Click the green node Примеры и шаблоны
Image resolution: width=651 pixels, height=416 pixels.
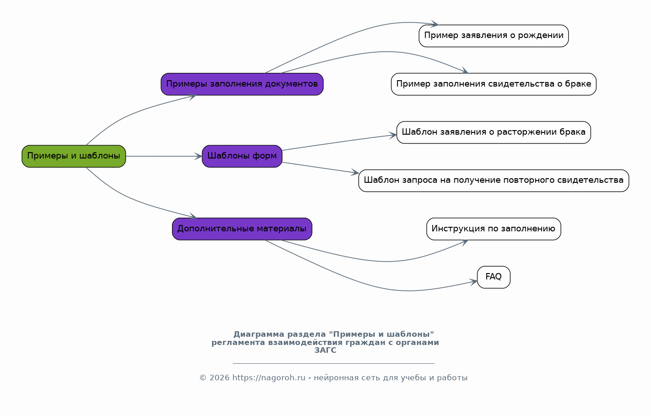pyautogui.click(x=74, y=156)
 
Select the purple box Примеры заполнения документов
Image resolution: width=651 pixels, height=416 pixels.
pyautogui.click(x=242, y=84)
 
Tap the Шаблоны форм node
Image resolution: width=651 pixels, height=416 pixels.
pyautogui.click(x=242, y=156)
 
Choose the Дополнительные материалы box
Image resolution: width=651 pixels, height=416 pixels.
pyautogui.click(x=242, y=229)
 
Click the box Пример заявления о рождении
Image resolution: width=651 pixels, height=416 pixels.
pyautogui.click(x=494, y=36)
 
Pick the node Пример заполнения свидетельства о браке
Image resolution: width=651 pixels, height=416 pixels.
pyautogui.click(x=494, y=84)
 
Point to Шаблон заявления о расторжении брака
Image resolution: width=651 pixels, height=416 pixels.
pyautogui.click(x=494, y=132)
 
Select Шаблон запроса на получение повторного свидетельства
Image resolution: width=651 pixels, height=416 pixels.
pyautogui.click(x=494, y=181)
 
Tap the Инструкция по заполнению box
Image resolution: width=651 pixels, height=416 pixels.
pyautogui.click(x=494, y=229)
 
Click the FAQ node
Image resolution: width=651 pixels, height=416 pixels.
pyautogui.click(x=494, y=277)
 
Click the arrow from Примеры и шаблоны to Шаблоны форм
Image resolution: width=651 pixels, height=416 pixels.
pyautogui.click(x=164, y=156)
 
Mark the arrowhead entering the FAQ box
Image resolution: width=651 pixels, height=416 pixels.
pyautogui.click(x=473, y=282)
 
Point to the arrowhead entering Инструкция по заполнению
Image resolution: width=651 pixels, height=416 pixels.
pyautogui.click(x=464, y=242)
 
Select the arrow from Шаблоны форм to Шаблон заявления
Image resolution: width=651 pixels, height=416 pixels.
pyautogui.click(x=339, y=142)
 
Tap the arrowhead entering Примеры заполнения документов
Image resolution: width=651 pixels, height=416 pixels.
pyautogui.click(x=193, y=97)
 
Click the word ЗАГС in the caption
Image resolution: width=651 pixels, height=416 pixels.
pyautogui.click(x=325, y=350)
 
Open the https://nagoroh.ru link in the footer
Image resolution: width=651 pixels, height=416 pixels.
pyautogui.click(x=269, y=378)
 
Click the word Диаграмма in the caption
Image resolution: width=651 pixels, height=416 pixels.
pyautogui.click(x=259, y=334)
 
